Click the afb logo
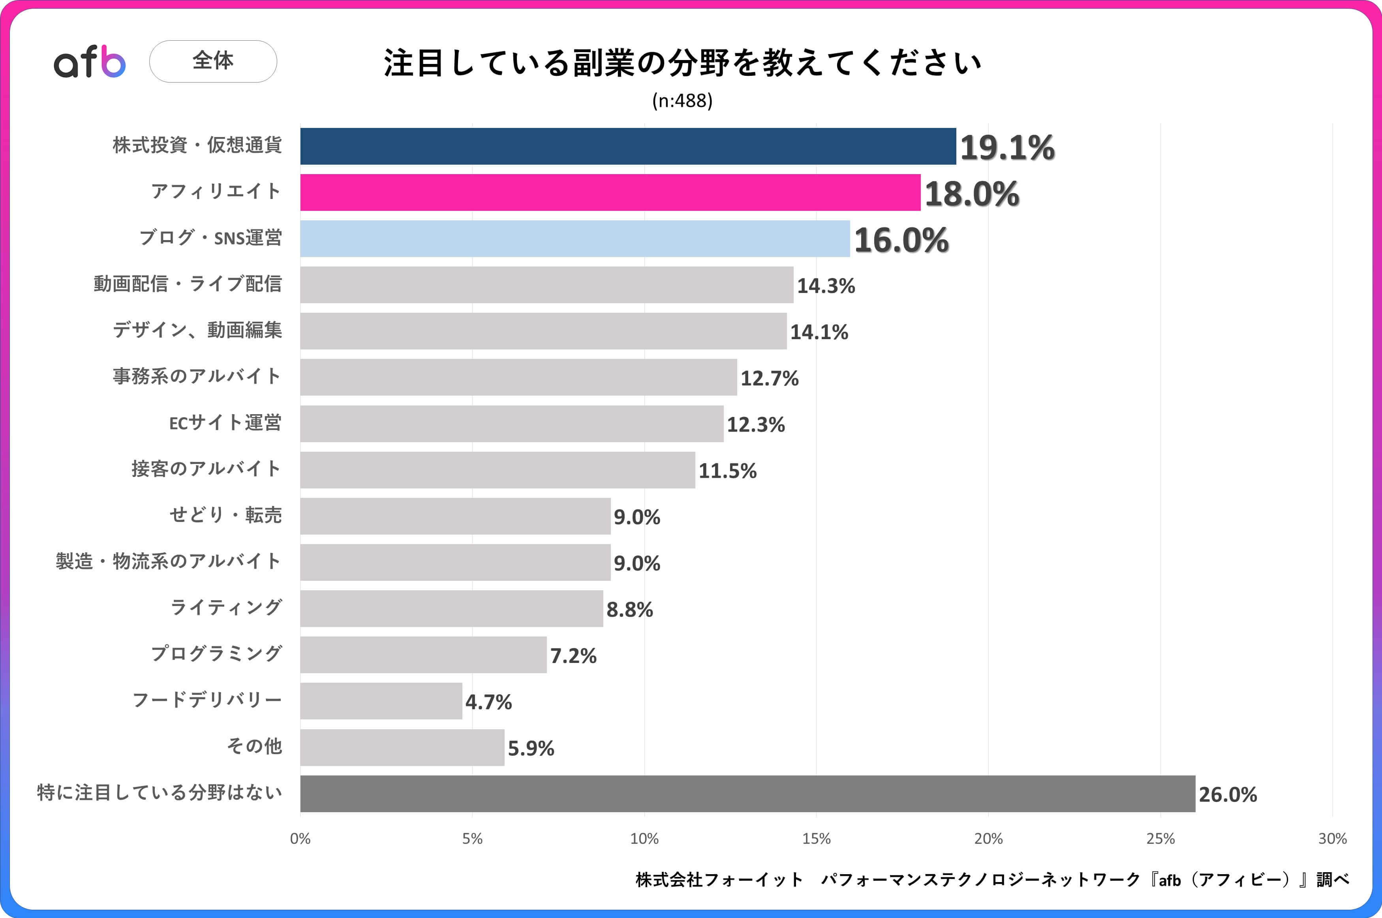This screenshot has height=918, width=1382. [90, 62]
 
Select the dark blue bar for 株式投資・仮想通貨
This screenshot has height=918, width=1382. [627, 146]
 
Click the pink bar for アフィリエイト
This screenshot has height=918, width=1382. [610, 193]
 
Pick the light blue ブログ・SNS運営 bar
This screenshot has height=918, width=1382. [575, 239]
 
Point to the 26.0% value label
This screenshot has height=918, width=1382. [1228, 794]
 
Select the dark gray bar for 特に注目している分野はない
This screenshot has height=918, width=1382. [747, 794]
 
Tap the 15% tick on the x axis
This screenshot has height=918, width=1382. [816, 839]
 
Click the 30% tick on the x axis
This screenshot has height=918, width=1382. [1332, 839]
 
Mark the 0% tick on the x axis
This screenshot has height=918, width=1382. [300, 839]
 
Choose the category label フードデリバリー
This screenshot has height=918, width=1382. [207, 700]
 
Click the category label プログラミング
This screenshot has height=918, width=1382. [216, 654]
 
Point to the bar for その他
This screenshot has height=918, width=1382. [402, 748]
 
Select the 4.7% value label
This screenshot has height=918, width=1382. [488, 702]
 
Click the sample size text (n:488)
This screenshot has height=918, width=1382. [682, 101]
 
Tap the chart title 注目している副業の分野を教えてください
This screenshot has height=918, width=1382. [682, 63]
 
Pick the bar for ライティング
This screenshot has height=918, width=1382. [451, 609]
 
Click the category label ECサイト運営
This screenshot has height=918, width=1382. [225, 423]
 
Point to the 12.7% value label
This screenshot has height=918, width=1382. [769, 378]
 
